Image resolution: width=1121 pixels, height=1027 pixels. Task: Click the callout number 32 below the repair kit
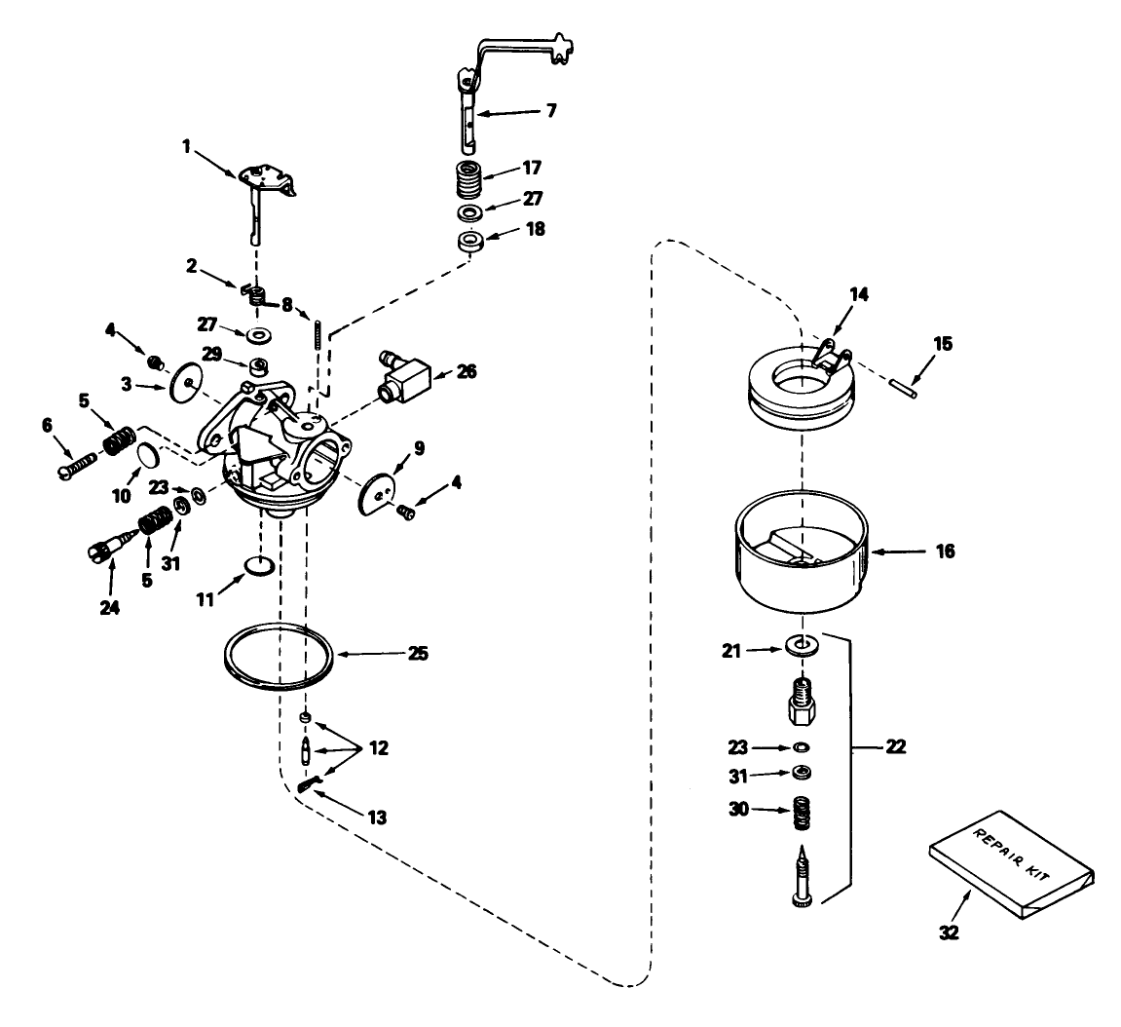point(949,932)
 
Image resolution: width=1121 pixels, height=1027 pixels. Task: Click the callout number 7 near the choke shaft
point(551,111)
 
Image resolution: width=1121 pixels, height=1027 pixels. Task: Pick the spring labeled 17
point(470,179)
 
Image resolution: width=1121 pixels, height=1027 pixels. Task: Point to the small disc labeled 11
point(258,565)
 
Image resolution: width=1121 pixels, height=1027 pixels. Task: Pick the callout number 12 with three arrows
point(377,748)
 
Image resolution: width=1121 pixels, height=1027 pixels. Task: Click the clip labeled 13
point(311,782)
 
